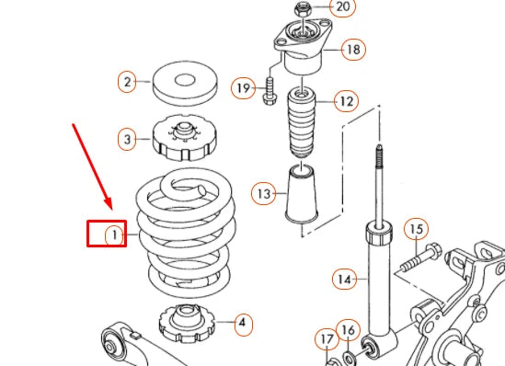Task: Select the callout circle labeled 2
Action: (x=128, y=82)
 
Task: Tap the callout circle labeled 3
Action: (x=128, y=140)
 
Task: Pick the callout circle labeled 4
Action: (x=241, y=323)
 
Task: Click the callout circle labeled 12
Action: (x=345, y=100)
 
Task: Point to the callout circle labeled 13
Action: (x=265, y=194)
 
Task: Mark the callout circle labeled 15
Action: (x=417, y=229)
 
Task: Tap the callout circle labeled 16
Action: (x=347, y=330)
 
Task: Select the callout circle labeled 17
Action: (x=327, y=339)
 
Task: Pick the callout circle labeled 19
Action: (x=243, y=88)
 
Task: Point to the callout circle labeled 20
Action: (x=342, y=7)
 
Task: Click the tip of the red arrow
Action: (x=109, y=208)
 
